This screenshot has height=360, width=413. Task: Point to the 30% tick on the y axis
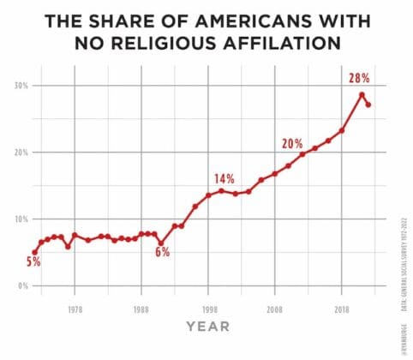coord(19,86)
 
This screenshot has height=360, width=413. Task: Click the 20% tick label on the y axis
coord(19,153)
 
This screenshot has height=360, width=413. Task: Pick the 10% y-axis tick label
coord(19,219)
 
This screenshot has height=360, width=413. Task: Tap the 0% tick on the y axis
coord(21,286)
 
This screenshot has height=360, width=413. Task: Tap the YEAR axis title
coord(208,327)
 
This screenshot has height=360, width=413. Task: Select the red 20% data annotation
coord(292,143)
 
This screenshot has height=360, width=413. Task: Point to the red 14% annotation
coord(224,178)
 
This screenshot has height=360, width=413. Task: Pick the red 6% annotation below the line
coord(162,252)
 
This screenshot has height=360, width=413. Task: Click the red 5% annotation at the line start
coord(33,262)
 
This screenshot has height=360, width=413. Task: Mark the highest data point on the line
coord(362,94)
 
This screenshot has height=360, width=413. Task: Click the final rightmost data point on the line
coord(368,105)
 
